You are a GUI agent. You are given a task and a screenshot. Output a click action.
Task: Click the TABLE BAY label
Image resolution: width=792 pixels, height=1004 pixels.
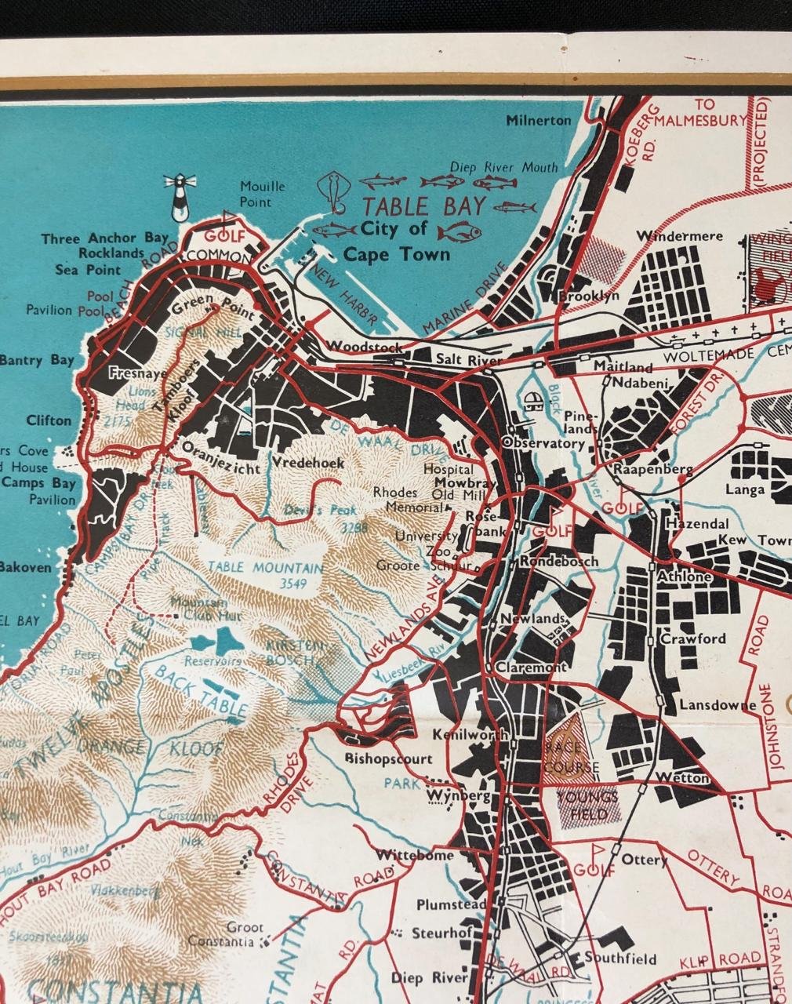tap(424, 207)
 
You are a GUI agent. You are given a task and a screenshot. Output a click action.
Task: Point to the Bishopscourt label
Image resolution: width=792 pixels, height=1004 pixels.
tap(388, 759)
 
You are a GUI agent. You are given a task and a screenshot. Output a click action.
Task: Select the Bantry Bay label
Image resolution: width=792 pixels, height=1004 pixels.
tap(37, 361)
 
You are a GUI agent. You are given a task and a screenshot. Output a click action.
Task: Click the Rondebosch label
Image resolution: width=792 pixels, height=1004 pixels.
tap(558, 562)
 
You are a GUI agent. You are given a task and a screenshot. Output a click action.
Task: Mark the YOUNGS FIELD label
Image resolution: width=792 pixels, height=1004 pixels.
tap(587, 806)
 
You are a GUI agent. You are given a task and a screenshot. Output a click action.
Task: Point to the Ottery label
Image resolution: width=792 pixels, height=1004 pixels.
tap(644, 860)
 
